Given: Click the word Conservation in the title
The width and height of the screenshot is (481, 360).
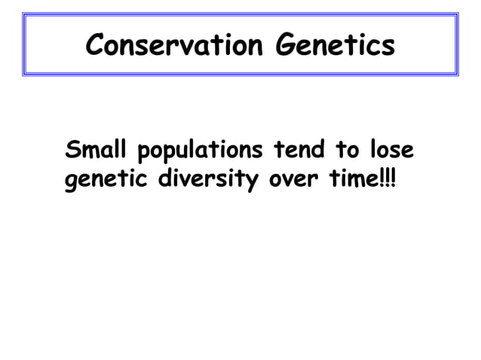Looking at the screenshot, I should [x=175, y=45].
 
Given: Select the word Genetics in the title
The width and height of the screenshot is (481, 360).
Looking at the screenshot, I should [x=335, y=45].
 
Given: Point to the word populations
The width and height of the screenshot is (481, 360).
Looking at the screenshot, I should [x=198, y=152].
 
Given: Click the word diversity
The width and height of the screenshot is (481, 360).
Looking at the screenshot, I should [x=213, y=183].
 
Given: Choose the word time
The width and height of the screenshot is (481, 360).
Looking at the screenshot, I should [x=354, y=182].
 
